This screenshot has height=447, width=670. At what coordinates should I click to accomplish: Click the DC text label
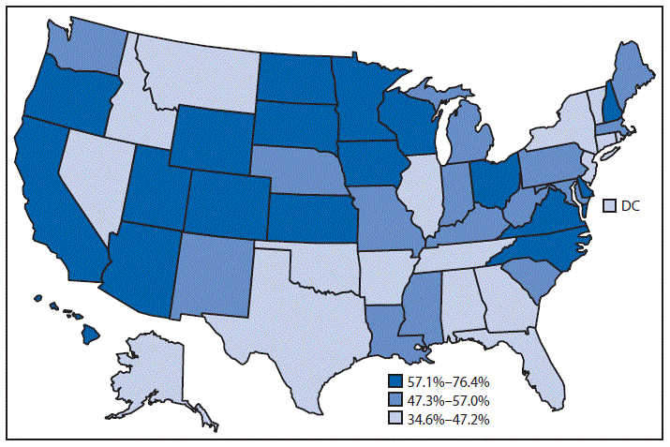630,205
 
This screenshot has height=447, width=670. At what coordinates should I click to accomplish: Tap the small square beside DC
608,205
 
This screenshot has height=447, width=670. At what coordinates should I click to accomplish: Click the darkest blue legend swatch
395,382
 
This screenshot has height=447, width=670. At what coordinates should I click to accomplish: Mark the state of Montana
197,80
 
